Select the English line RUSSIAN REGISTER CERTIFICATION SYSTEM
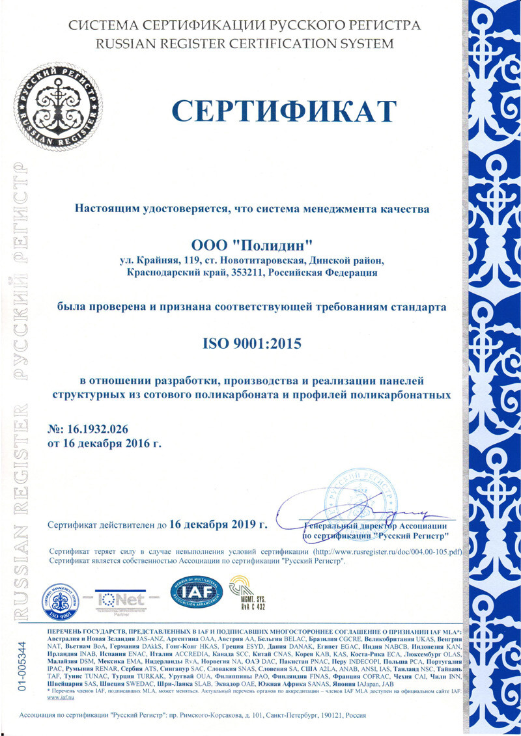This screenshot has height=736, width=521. [244, 44]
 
